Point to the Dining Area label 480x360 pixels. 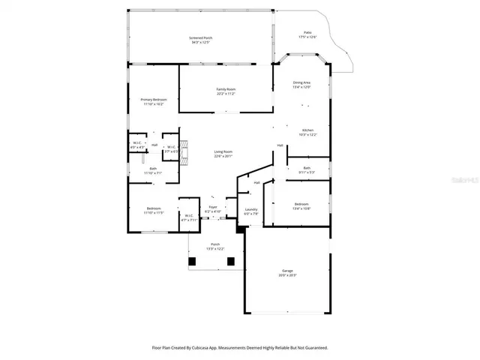(x=301, y=84)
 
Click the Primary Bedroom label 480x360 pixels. (x=153, y=101)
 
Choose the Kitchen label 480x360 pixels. (x=307, y=132)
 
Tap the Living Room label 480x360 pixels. (x=223, y=153)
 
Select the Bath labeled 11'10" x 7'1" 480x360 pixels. (x=152, y=170)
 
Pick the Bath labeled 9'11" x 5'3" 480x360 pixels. (x=307, y=169)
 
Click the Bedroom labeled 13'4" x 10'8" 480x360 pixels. (x=301, y=205)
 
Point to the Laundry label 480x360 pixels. (x=251, y=211)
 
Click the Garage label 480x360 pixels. (x=287, y=272)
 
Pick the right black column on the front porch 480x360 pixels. (x=232, y=261)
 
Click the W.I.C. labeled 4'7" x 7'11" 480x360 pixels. (x=189, y=217)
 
